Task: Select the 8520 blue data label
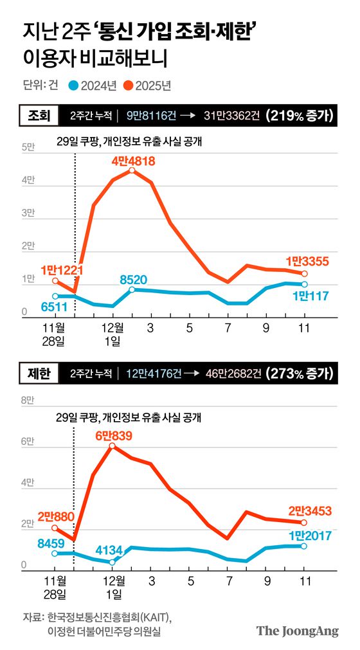click(134, 280)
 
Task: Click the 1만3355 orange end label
click(305, 261)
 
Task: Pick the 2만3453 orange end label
click(310, 511)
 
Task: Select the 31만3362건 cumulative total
click(233, 116)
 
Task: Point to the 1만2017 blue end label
click(310, 534)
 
